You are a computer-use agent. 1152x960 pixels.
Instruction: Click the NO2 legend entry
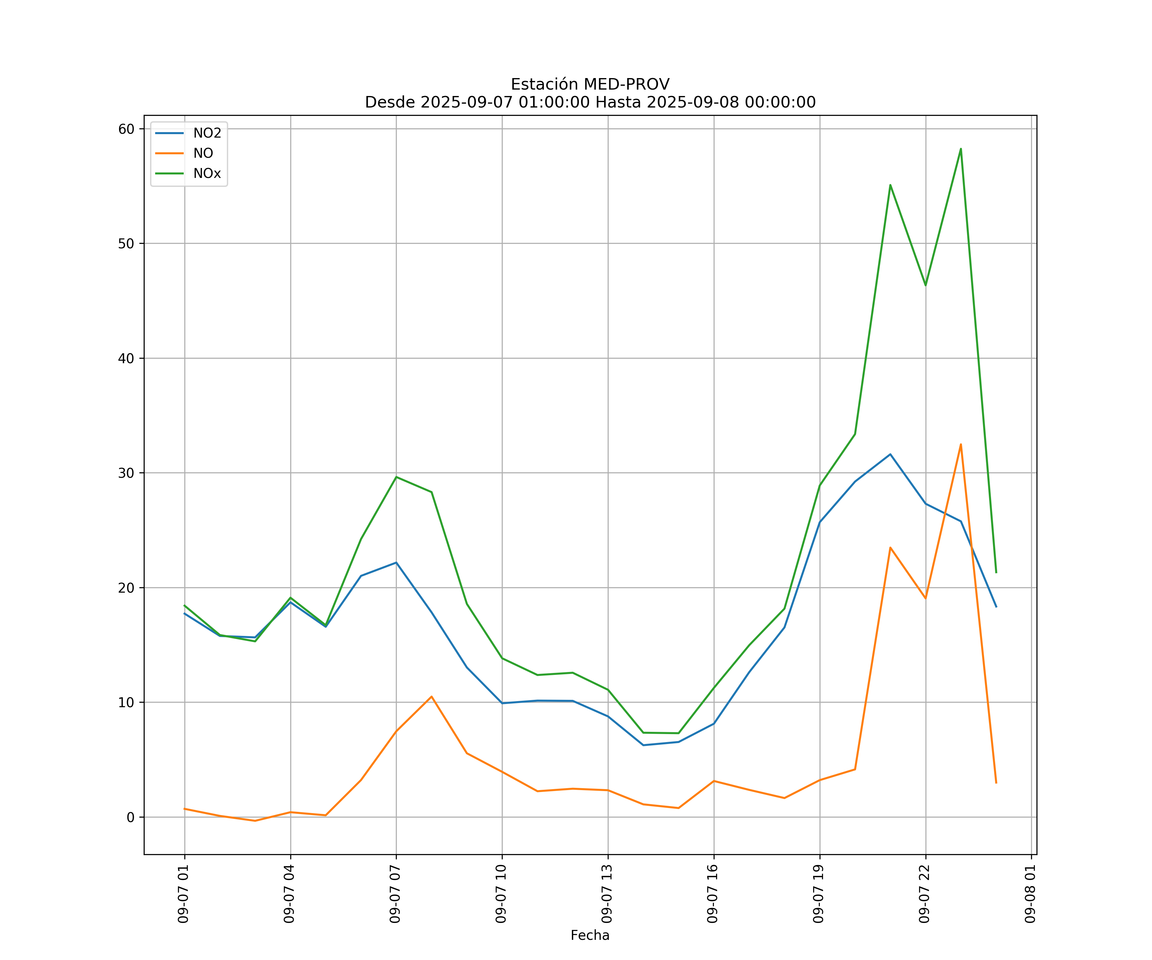coord(206,133)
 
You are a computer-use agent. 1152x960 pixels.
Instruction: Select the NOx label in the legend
coord(206,173)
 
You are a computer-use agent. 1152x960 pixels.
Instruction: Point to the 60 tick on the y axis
coord(126,129)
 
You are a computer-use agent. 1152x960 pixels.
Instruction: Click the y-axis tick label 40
coord(126,358)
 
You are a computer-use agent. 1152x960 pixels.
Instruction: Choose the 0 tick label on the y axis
coord(131,817)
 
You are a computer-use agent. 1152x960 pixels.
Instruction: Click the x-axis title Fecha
coord(590,935)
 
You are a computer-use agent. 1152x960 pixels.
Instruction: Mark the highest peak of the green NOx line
coord(961,149)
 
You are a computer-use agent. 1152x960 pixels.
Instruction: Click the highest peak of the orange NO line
coord(961,444)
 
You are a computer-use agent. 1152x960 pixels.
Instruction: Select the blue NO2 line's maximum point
coord(890,454)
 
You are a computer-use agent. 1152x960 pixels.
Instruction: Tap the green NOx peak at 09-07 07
coord(396,477)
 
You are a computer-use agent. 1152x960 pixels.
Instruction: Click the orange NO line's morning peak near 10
coord(432,697)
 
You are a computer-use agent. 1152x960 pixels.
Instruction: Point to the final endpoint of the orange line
coord(996,783)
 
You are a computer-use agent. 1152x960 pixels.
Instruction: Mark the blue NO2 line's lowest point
coord(643,745)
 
